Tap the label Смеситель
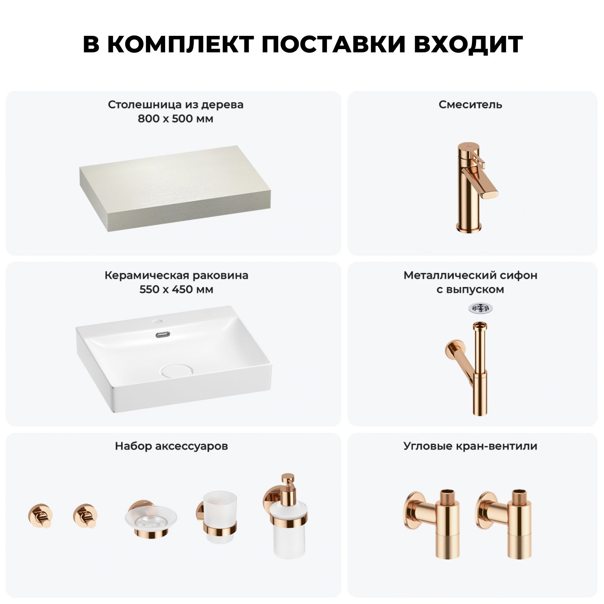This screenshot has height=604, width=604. point(470,105)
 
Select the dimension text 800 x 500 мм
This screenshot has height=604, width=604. point(176,119)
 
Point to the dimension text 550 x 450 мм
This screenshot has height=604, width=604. point(176,290)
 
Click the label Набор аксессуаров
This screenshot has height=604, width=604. point(172,446)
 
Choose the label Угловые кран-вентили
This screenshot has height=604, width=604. point(470,446)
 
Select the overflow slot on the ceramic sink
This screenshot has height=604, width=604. point(164,334)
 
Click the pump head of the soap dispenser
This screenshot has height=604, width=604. point(288,484)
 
